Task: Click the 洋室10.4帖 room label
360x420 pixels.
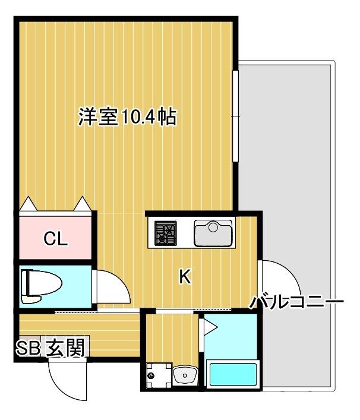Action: point(127,117)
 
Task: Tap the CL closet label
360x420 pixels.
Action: point(56,239)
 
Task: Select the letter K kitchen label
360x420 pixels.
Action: point(185,276)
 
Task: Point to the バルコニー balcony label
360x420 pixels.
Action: point(296,302)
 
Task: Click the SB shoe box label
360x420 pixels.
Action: point(28,348)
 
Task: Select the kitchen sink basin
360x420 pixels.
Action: point(213,232)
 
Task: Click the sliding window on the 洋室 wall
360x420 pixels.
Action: point(235,115)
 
